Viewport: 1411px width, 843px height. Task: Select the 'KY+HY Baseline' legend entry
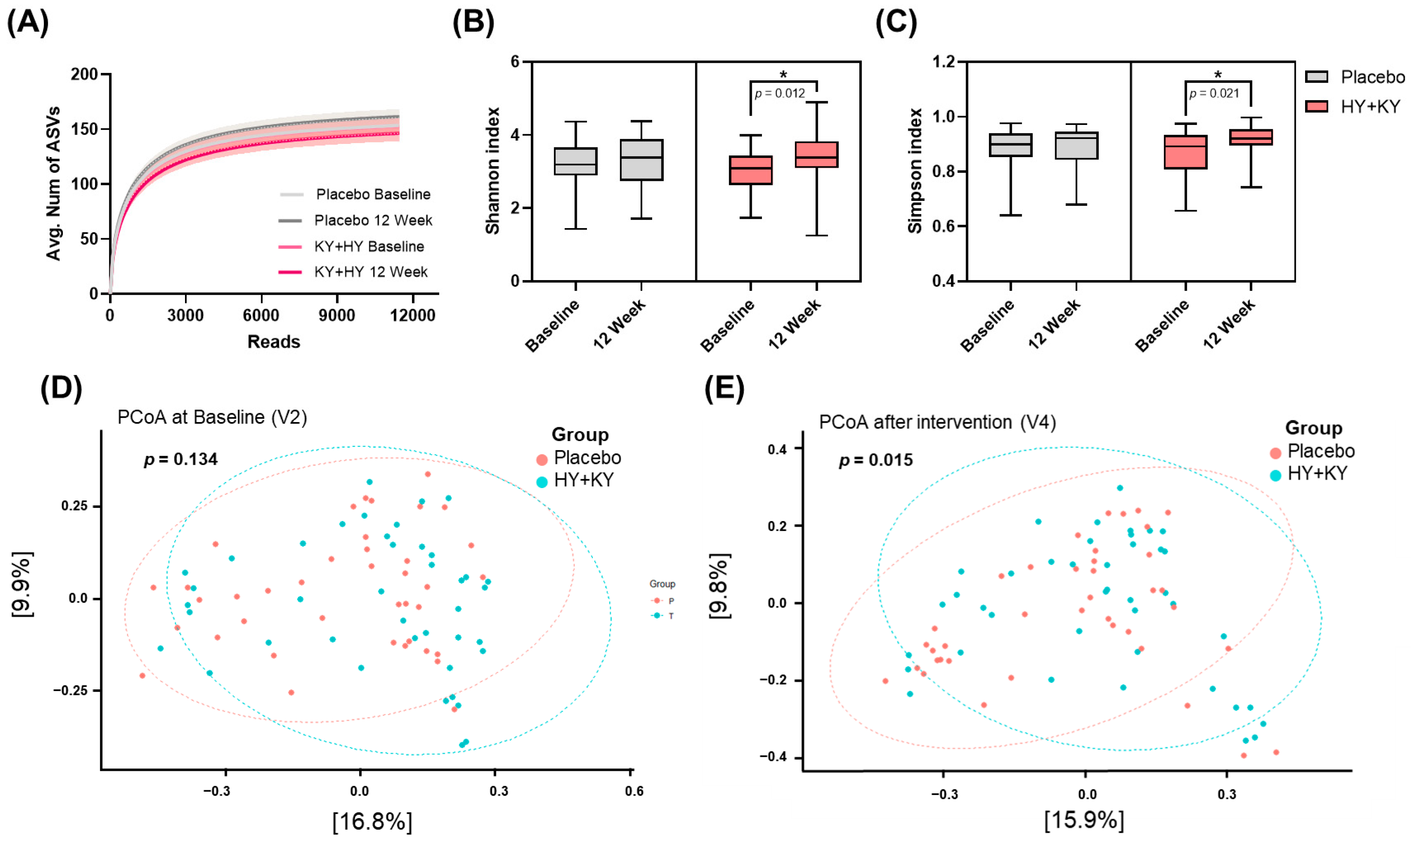(x=351, y=247)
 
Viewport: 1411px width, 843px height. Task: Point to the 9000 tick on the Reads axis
(x=337, y=315)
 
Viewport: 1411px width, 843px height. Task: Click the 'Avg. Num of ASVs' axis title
(x=54, y=183)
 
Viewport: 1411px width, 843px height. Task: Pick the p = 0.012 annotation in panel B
(x=780, y=93)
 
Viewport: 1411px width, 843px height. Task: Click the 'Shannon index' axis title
(x=492, y=170)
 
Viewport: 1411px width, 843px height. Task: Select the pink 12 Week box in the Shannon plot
(x=816, y=154)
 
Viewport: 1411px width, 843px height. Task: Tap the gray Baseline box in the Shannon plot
(x=575, y=161)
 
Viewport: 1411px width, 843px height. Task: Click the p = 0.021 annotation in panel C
(x=1214, y=93)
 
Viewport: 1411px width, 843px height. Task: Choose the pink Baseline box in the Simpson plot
(x=1186, y=152)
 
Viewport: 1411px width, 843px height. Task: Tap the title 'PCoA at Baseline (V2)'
(x=212, y=417)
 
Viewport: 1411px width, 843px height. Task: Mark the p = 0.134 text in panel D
(x=181, y=459)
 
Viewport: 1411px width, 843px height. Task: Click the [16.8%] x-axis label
(x=372, y=821)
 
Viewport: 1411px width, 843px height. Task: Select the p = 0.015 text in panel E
(x=876, y=460)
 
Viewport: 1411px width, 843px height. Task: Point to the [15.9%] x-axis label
(x=1084, y=820)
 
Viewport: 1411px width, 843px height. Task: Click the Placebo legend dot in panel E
(x=1275, y=453)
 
